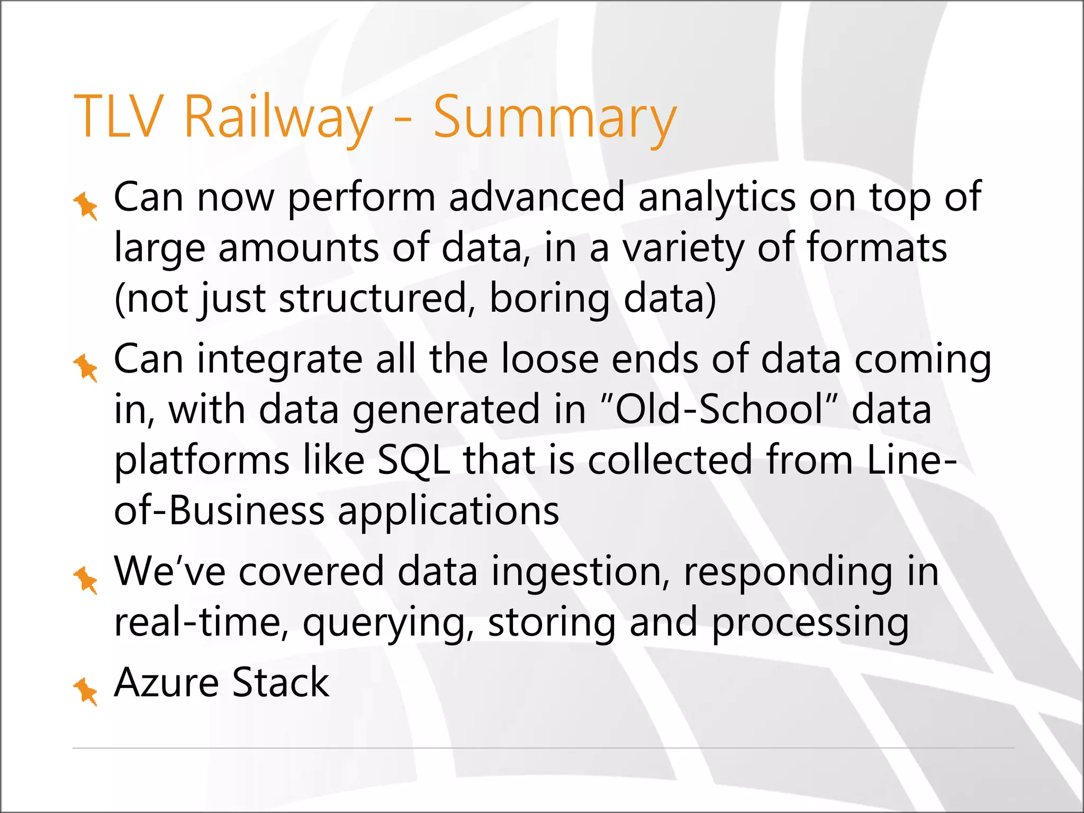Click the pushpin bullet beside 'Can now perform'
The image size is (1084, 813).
pos(85,206)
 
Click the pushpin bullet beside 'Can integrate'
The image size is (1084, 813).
pos(85,367)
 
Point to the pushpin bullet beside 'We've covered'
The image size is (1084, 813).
pos(85,580)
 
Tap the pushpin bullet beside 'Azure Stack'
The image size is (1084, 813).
pos(85,691)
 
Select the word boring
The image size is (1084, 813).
pos(549,299)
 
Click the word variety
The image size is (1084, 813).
pos(683,249)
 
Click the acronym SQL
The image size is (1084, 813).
pos(413,460)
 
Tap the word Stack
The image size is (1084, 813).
pos(281,683)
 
